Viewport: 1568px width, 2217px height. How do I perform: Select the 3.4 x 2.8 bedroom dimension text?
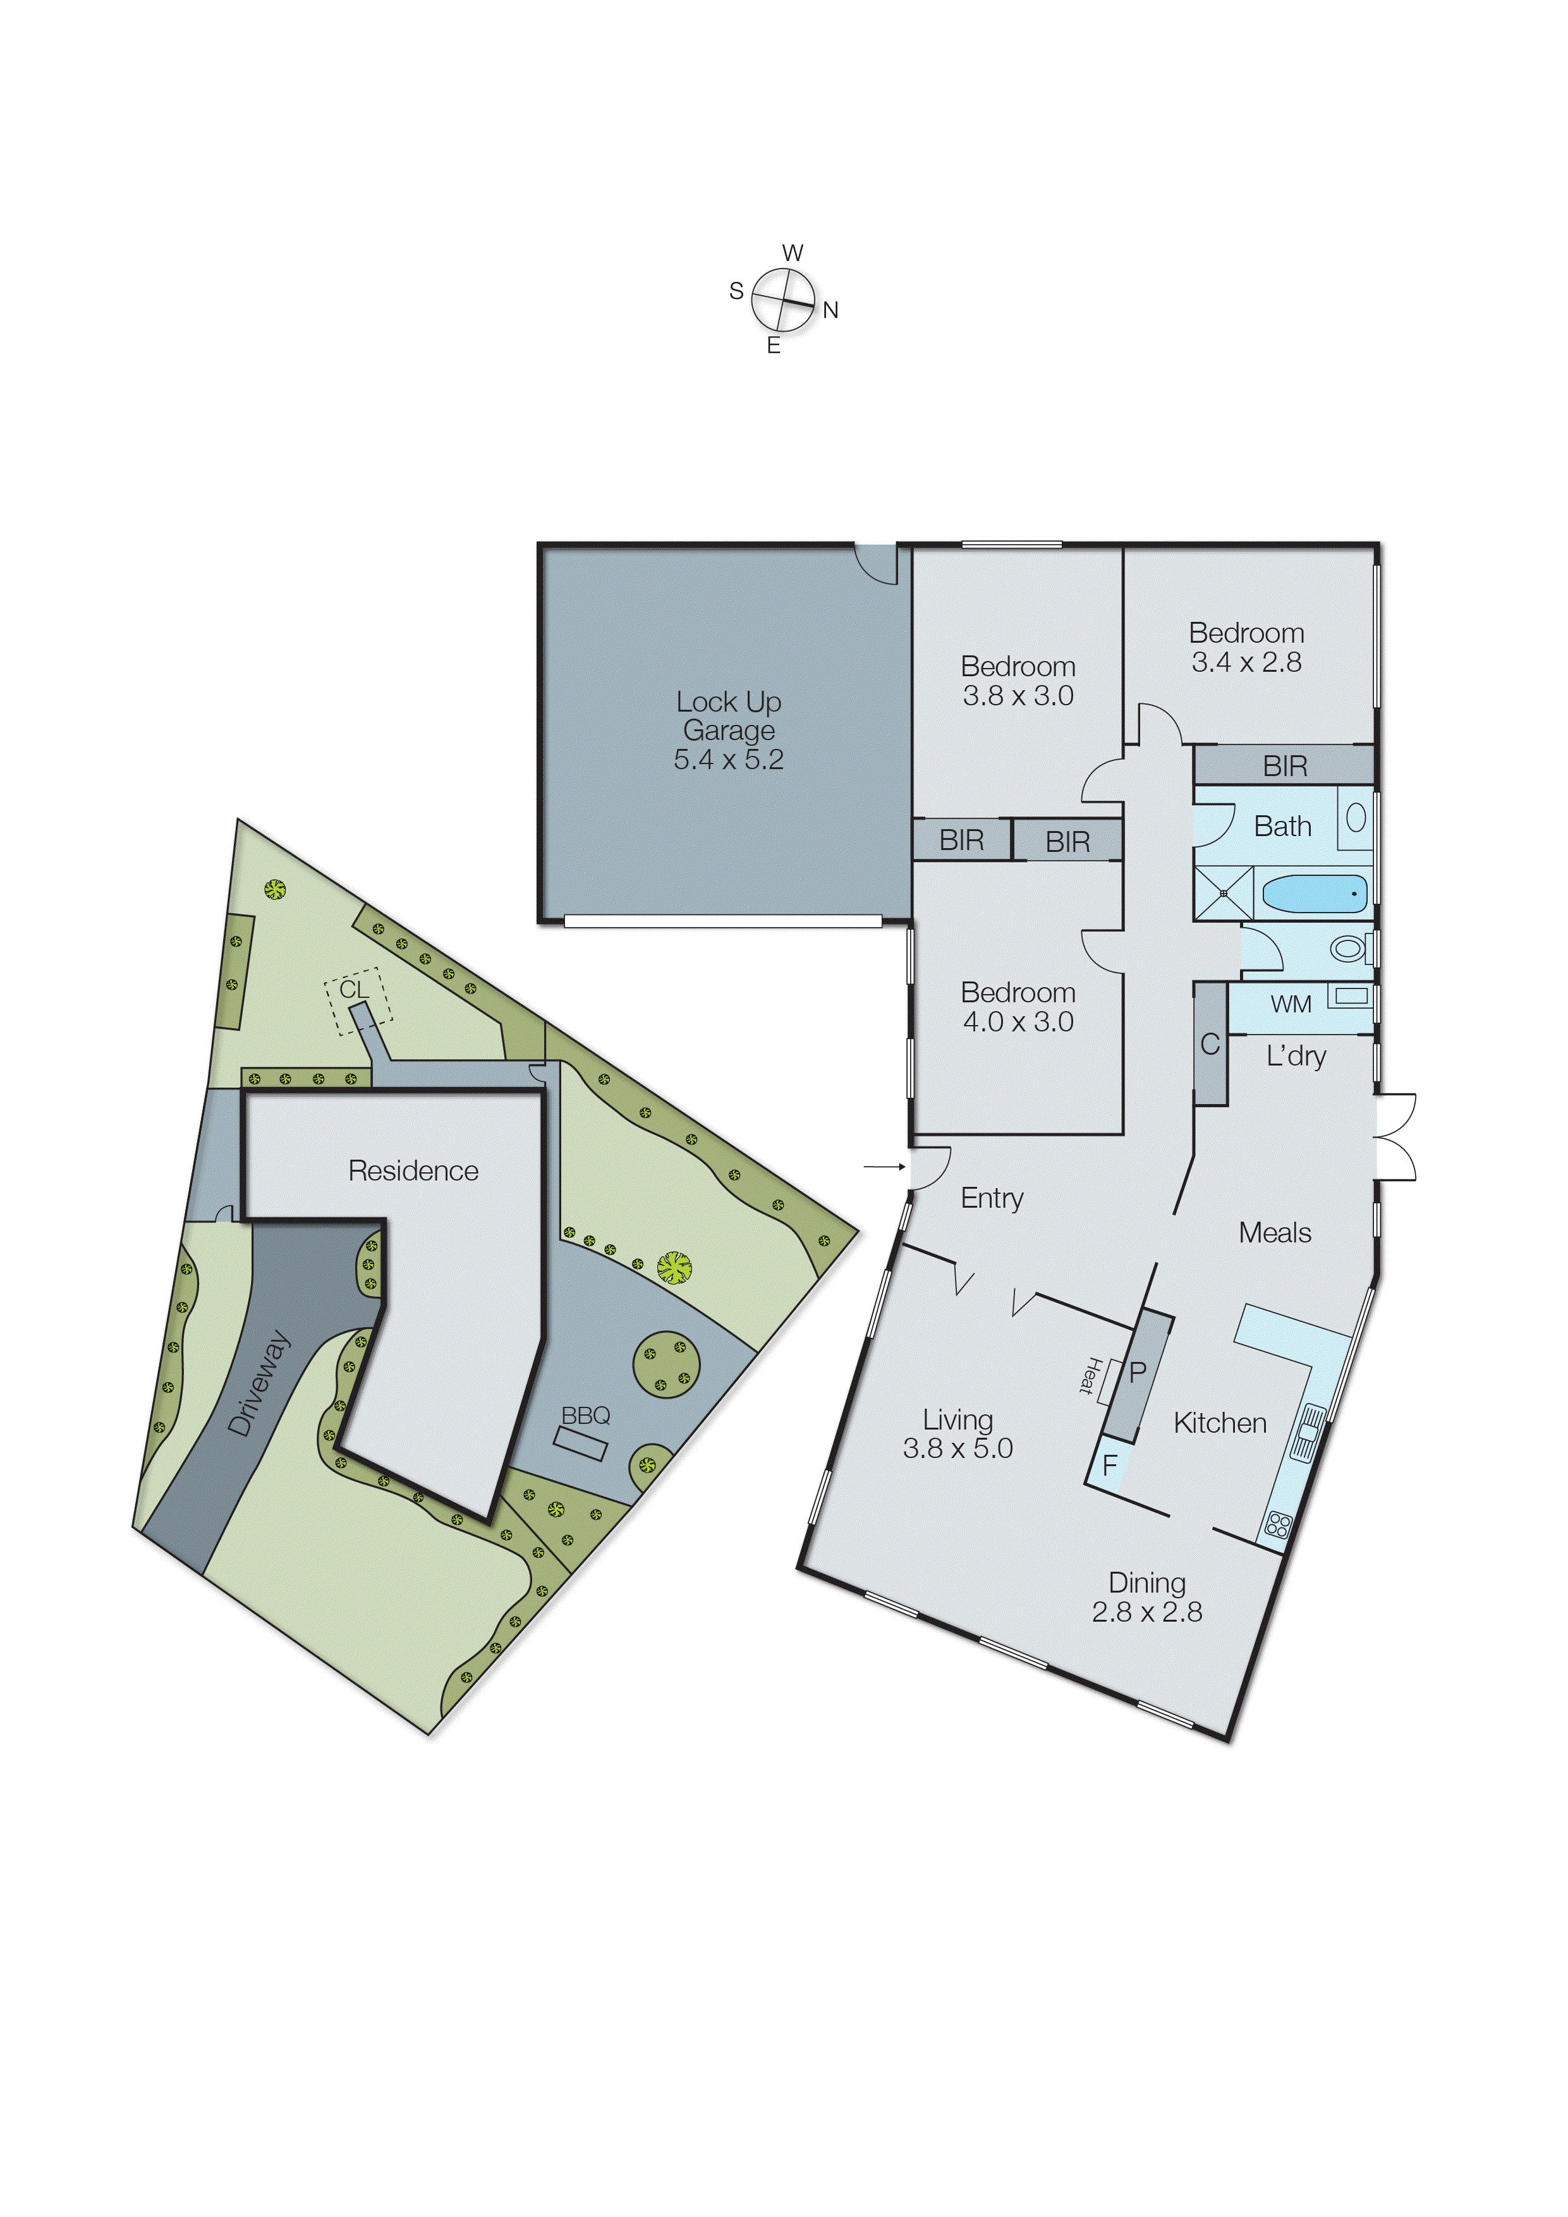1246,662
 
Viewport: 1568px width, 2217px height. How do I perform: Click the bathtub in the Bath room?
1314,894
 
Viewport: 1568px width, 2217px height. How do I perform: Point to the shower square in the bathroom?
1224,892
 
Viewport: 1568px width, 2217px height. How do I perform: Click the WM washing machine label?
1291,1004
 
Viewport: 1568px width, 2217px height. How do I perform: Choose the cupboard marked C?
1210,1044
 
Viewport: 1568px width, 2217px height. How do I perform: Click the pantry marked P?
1138,1372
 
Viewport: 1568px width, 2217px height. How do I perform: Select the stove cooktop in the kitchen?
1277,1525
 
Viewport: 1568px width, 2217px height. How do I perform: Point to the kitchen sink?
1308,1433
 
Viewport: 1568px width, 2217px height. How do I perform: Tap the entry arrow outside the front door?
884,1167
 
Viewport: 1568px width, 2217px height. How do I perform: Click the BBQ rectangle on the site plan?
580,1443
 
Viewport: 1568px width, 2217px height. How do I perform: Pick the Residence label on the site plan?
413,1170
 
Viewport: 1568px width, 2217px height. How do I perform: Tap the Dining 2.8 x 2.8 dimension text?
1147,1612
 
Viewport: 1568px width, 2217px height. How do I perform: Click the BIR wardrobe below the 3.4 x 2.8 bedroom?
1284,766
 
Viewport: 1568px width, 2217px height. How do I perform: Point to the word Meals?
1275,1233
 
